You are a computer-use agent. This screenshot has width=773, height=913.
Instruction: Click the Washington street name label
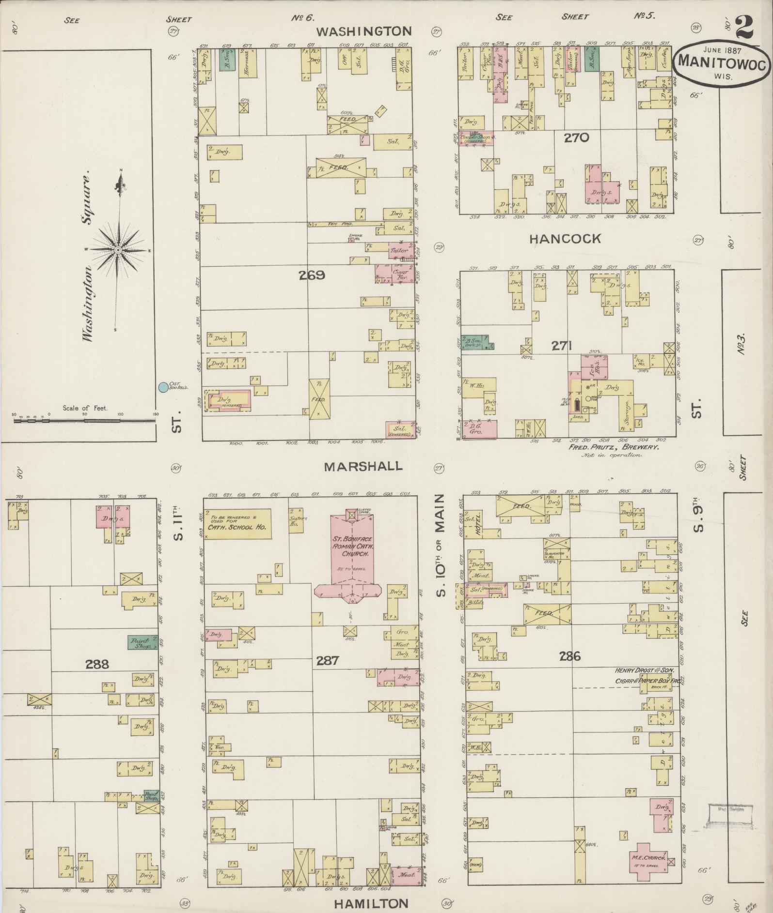[x=364, y=32]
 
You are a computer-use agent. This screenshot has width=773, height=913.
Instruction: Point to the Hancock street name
[x=565, y=238]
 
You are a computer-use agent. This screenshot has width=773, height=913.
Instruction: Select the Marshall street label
[x=363, y=466]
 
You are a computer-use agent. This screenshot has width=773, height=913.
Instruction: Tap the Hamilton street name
[x=371, y=903]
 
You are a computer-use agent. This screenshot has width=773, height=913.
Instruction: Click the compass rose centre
[x=118, y=250]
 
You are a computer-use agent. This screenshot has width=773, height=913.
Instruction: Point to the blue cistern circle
[x=163, y=387]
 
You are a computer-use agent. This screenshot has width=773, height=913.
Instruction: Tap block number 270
[x=576, y=137]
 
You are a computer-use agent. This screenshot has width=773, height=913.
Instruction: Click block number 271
[x=562, y=346]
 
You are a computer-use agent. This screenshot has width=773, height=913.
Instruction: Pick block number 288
[x=97, y=664]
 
